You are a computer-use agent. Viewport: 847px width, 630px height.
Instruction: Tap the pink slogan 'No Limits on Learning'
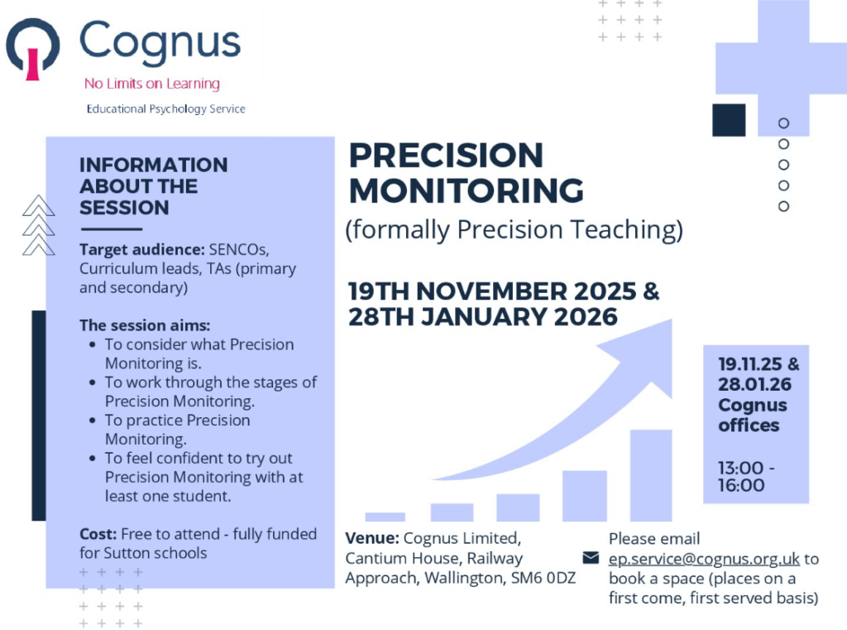152,84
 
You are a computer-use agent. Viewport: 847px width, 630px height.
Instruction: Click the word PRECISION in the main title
446,156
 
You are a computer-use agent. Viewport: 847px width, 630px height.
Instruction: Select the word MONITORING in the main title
467,190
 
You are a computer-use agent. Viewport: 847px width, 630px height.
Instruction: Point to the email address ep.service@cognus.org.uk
704,559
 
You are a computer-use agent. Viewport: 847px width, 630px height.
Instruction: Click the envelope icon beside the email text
591,557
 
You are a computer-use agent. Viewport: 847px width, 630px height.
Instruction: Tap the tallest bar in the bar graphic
651,475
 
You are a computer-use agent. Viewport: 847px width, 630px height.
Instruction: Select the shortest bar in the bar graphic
385,517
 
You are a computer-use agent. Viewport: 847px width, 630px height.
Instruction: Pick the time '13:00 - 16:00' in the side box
746,476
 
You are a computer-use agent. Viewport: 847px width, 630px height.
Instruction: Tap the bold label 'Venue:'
372,538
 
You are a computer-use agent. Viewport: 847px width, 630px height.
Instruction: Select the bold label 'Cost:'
98,534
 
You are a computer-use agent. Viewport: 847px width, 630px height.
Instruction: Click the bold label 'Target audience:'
142,249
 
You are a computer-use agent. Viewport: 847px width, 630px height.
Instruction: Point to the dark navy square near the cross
729,120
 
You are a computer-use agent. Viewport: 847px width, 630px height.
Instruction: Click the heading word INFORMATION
153,165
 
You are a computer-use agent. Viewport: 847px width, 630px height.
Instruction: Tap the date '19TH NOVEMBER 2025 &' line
504,291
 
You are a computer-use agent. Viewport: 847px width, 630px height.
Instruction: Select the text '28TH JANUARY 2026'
482,317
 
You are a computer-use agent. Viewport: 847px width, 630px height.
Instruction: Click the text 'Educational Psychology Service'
165,109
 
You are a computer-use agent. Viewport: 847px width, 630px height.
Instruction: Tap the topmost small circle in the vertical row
784,123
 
